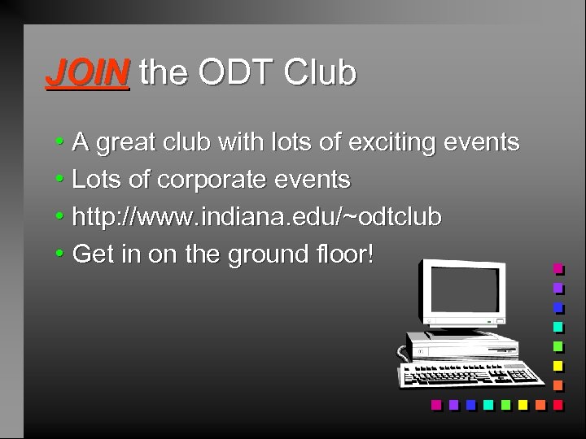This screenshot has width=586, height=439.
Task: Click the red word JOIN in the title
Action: tap(87, 73)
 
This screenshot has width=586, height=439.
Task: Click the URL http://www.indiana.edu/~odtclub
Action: tap(256, 217)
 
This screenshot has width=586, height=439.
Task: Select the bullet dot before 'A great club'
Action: tap(60, 143)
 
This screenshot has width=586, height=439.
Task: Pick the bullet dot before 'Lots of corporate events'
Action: tap(60, 180)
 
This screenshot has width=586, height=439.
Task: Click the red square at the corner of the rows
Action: tap(558, 404)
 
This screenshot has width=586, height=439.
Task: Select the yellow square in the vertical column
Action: tap(558, 365)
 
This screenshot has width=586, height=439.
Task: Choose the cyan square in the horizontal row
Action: tap(488, 404)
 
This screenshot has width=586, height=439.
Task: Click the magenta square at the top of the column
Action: tap(558, 267)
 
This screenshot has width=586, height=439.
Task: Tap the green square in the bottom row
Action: tap(506, 404)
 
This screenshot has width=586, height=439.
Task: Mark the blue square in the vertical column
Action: tap(558, 307)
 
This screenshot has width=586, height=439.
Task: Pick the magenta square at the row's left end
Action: tap(436, 404)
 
